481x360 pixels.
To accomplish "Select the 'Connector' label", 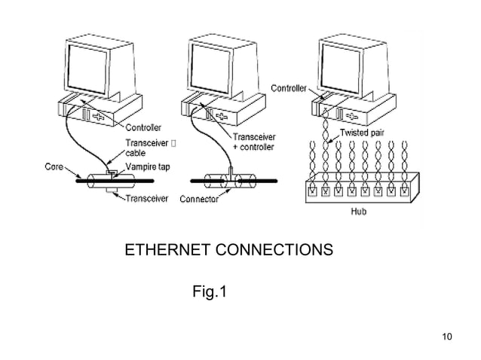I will pos(200,199).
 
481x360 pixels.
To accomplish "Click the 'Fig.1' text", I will pos(209,290).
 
